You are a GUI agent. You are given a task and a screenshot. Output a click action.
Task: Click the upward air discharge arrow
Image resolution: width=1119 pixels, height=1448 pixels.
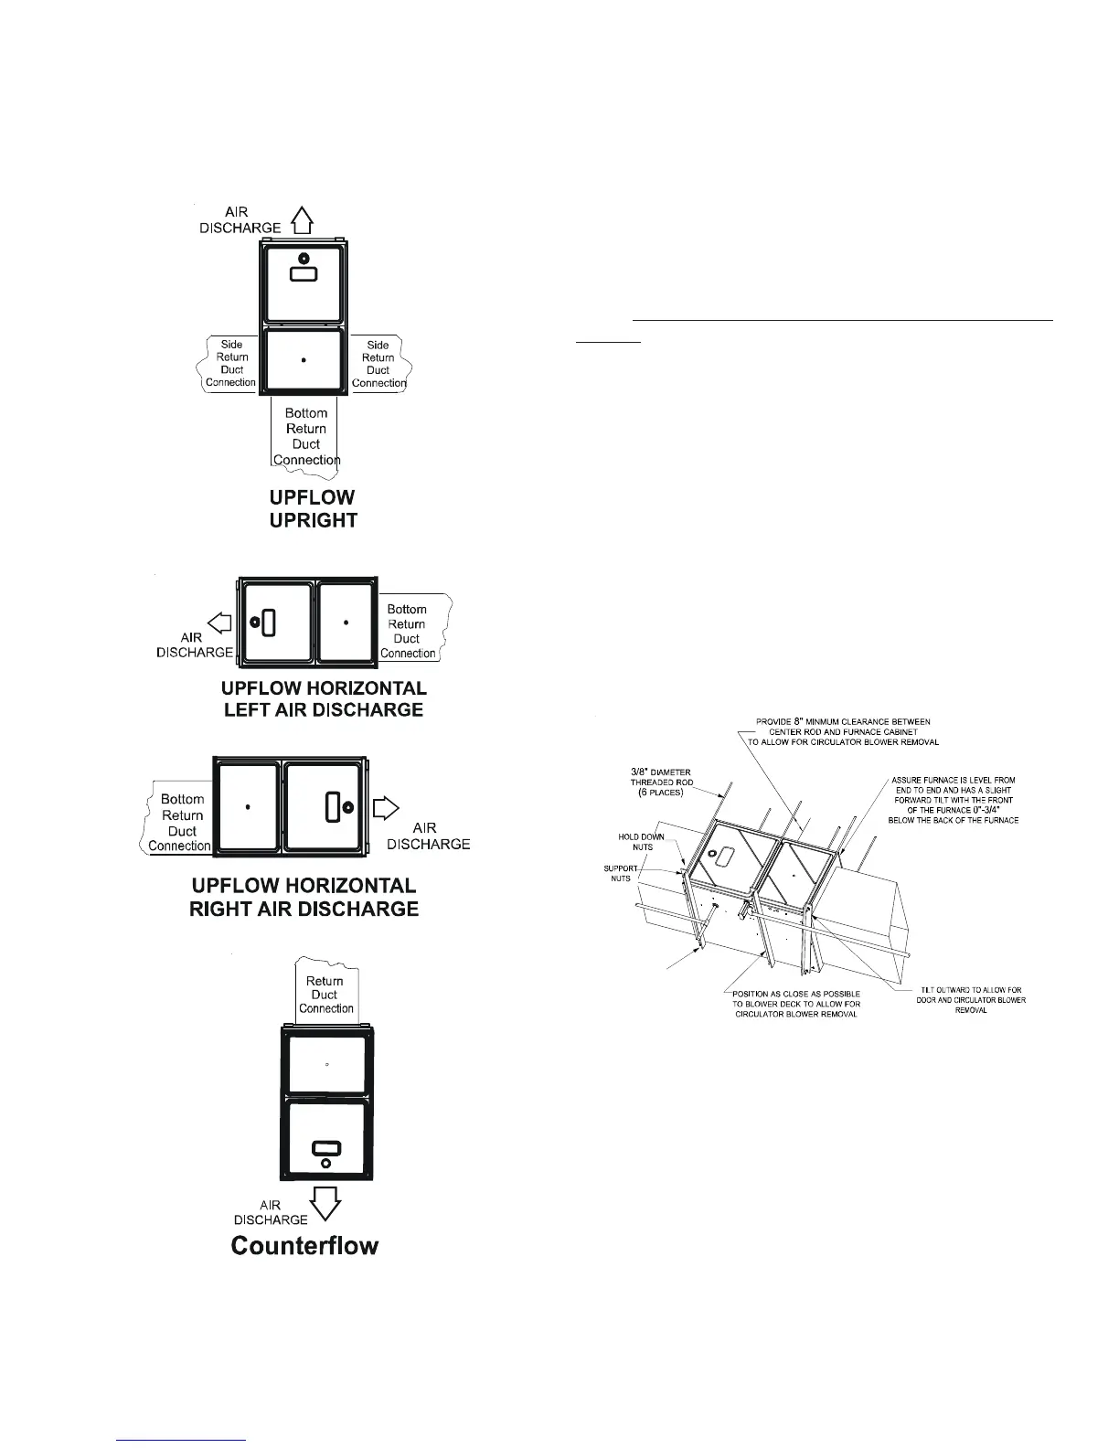303,219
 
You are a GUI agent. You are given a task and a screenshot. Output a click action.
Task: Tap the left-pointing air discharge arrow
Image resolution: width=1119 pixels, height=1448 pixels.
220,623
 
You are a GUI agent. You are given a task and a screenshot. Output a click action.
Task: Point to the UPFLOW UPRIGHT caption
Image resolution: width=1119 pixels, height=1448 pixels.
313,509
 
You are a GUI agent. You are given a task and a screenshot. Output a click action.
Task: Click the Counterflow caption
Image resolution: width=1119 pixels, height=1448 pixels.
304,1246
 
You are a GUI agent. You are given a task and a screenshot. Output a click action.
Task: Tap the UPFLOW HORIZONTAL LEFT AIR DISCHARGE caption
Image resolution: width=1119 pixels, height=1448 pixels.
324,698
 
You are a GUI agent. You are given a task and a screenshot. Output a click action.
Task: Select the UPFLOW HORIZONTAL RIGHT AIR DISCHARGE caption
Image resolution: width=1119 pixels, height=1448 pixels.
304,897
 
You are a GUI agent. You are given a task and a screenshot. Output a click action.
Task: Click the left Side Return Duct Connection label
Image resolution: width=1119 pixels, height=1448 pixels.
231,364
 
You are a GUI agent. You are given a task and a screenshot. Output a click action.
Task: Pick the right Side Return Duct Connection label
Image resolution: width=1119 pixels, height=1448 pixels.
378,364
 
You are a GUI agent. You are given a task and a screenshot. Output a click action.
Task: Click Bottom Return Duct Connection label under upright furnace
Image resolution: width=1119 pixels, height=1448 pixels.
306,437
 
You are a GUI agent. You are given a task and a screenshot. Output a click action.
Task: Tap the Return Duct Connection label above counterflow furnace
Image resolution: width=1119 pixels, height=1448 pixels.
325,995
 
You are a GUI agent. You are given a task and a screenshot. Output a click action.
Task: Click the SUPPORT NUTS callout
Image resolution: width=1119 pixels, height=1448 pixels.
621,873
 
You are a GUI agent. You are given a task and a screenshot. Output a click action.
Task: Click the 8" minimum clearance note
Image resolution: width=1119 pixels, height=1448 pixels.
842,731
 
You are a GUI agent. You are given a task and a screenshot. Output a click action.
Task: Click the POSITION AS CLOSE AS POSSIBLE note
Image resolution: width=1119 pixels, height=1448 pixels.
795,1004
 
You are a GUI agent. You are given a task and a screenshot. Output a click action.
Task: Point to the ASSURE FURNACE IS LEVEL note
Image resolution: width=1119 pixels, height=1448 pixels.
953,800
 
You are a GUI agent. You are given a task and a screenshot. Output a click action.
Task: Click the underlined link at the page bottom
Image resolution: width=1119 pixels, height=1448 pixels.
183,1440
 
